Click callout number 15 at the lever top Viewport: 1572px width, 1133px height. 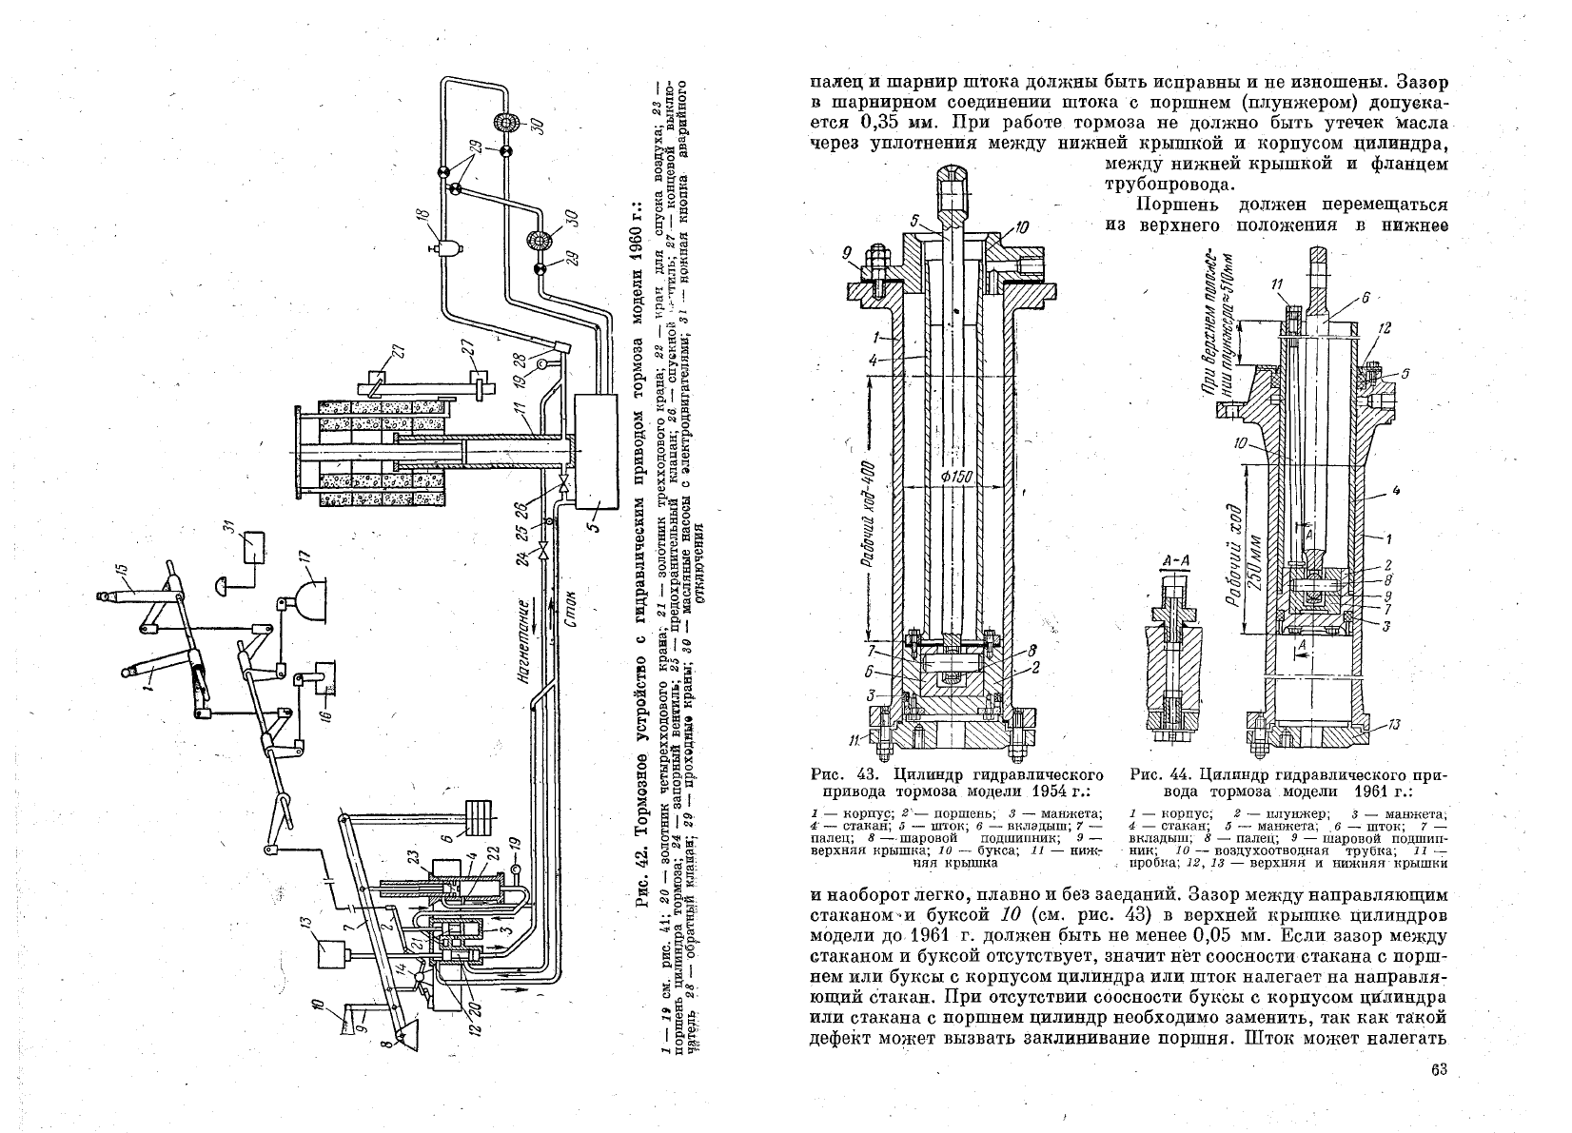click(120, 571)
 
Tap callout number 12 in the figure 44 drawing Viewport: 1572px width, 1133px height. click(1383, 328)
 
